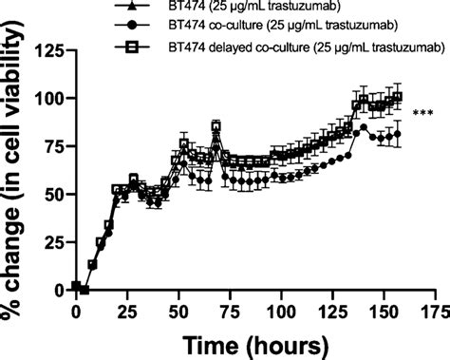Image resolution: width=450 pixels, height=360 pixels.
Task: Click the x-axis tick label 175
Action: coord(435,312)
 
